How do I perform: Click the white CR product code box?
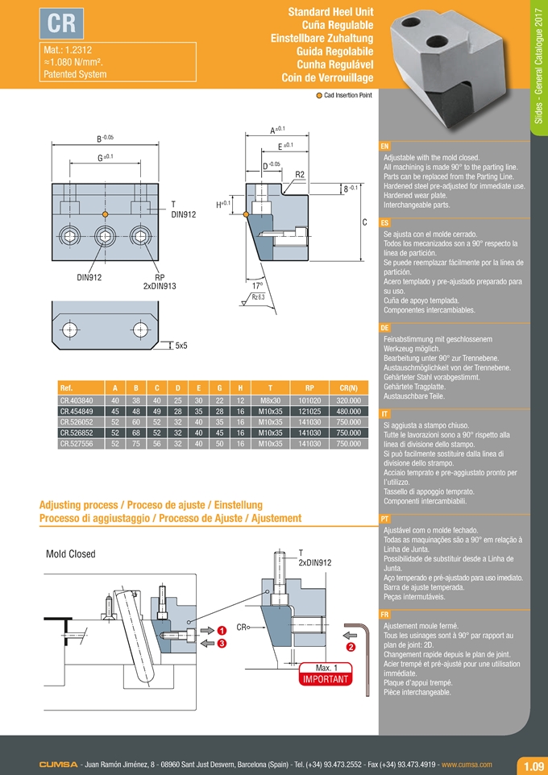click(x=61, y=24)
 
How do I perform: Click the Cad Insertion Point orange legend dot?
click(x=318, y=95)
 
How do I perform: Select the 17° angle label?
click(x=257, y=285)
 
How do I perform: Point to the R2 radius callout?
click(x=299, y=175)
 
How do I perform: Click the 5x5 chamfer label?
click(x=182, y=346)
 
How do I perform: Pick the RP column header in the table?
click(x=305, y=388)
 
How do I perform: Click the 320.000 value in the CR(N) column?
click(x=347, y=400)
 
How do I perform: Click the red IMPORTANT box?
click(x=326, y=679)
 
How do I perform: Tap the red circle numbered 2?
click(x=351, y=647)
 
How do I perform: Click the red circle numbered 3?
click(x=221, y=643)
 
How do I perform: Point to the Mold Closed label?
click(x=71, y=554)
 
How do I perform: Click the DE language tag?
click(x=384, y=329)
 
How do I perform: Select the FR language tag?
click(x=384, y=615)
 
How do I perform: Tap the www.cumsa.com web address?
click(x=467, y=764)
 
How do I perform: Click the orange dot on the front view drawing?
click(x=106, y=213)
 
